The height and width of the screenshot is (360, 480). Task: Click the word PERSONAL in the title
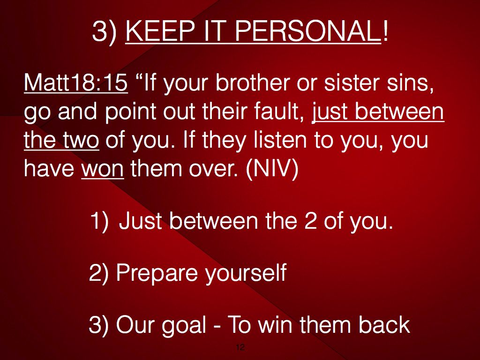[x=307, y=31]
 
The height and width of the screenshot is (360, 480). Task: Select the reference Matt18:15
[x=75, y=82]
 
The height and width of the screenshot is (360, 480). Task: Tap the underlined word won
[x=103, y=169]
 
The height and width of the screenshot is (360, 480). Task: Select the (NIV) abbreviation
[x=272, y=169]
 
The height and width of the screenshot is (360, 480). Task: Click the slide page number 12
[x=240, y=347]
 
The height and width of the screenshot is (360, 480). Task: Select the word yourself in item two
[x=246, y=272]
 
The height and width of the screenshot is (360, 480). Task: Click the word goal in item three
[x=184, y=325]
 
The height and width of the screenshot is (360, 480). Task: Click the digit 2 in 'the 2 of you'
[x=310, y=221]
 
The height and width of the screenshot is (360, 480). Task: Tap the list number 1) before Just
[x=99, y=221]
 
